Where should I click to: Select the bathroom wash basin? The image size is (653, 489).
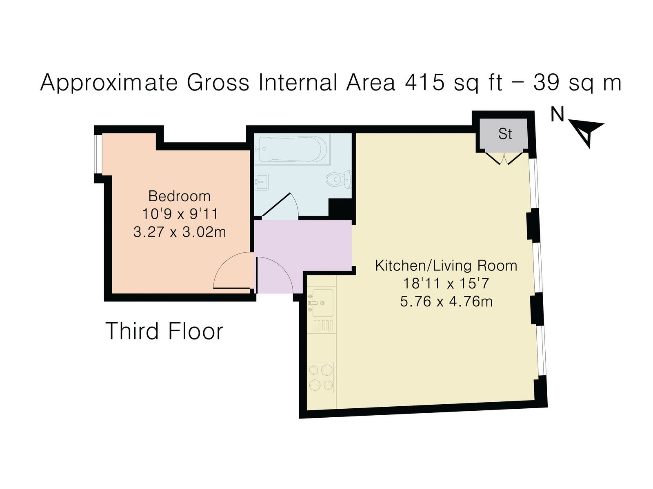(x=261, y=181)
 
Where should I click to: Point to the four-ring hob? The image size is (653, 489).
(x=321, y=377)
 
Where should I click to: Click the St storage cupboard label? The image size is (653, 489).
(x=505, y=134)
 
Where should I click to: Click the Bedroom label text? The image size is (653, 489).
(x=179, y=196)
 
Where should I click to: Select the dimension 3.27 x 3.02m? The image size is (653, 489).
(x=179, y=232)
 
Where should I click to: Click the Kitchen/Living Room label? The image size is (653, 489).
(x=446, y=266)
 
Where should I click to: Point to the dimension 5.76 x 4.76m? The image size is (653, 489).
(x=446, y=302)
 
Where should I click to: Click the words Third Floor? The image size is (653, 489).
(x=164, y=331)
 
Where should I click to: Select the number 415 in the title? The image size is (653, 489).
(x=424, y=82)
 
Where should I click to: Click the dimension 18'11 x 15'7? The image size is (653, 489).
(x=446, y=283)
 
